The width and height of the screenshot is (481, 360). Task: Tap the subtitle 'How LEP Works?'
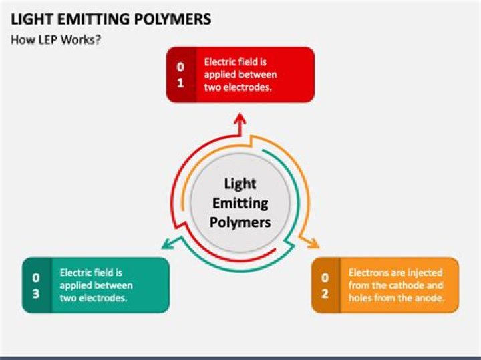pyautogui.click(x=55, y=39)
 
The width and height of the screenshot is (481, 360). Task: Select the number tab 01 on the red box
pyautogui.click(x=180, y=75)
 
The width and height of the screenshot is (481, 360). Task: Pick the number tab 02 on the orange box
pyautogui.click(x=325, y=285)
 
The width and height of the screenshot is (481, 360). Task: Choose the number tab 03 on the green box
pyautogui.click(x=36, y=285)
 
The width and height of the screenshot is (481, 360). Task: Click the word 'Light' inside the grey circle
pyautogui.click(x=240, y=183)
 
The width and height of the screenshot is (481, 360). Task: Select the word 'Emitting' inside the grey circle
pyautogui.click(x=240, y=202)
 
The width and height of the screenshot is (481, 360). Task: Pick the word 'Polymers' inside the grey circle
pyautogui.click(x=240, y=221)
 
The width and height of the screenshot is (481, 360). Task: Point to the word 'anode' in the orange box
pyautogui.click(x=428, y=298)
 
